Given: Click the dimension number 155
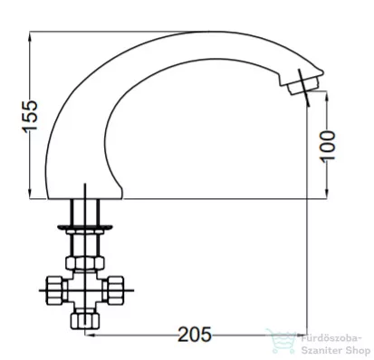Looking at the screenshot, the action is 30,116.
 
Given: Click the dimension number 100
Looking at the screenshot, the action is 328,147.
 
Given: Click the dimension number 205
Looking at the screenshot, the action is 195,335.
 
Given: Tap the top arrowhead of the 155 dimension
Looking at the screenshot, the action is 30,37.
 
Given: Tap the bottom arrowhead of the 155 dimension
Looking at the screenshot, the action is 30,193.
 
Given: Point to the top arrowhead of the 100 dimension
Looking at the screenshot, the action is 327,96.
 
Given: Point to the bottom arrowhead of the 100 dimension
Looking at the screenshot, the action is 327,193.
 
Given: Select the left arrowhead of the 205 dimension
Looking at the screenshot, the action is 91,335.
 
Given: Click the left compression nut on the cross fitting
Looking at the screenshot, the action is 56,290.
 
